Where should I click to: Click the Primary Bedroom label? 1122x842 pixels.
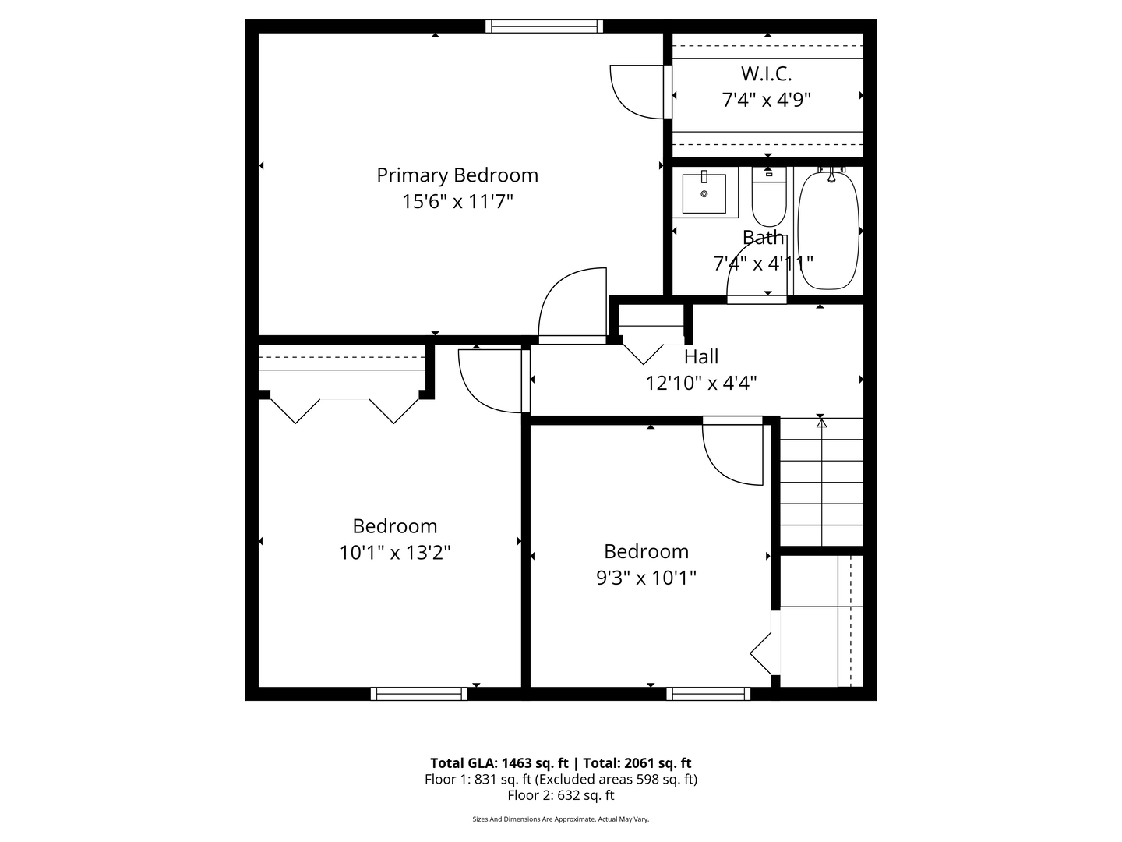click(x=457, y=175)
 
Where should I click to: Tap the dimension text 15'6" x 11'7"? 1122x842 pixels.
click(x=457, y=202)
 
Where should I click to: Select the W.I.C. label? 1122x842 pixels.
click(x=766, y=74)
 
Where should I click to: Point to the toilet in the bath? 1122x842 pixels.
click(x=768, y=201)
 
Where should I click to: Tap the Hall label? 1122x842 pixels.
click(x=701, y=357)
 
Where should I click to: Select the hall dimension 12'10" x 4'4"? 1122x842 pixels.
click(x=701, y=383)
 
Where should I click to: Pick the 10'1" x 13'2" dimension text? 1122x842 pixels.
click(x=395, y=553)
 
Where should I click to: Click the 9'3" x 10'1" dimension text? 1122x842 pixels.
click(x=646, y=578)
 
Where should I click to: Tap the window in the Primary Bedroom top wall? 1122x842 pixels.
click(x=544, y=26)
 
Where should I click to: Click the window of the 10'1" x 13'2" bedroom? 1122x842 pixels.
click(x=419, y=694)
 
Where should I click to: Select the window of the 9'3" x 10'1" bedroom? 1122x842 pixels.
click(x=708, y=694)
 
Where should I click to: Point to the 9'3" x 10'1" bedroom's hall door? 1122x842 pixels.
click(x=732, y=452)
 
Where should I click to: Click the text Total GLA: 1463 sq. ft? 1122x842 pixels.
click(x=499, y=763)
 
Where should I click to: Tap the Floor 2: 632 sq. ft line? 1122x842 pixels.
click(x=561, y=795)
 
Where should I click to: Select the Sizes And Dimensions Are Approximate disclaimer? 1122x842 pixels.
click(x=561, y=819)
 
